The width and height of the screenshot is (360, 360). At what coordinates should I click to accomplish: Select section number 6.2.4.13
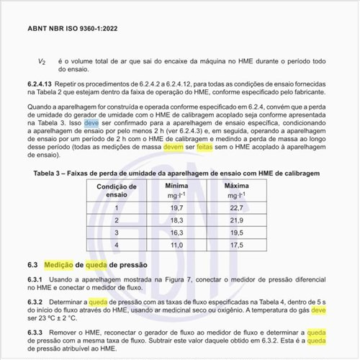coord(45,85)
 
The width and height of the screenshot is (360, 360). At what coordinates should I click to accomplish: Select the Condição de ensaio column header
coord(116,189)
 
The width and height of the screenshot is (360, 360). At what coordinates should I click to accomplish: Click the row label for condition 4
coord(116,244)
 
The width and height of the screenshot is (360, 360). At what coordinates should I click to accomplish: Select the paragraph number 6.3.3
coord(35,332)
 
